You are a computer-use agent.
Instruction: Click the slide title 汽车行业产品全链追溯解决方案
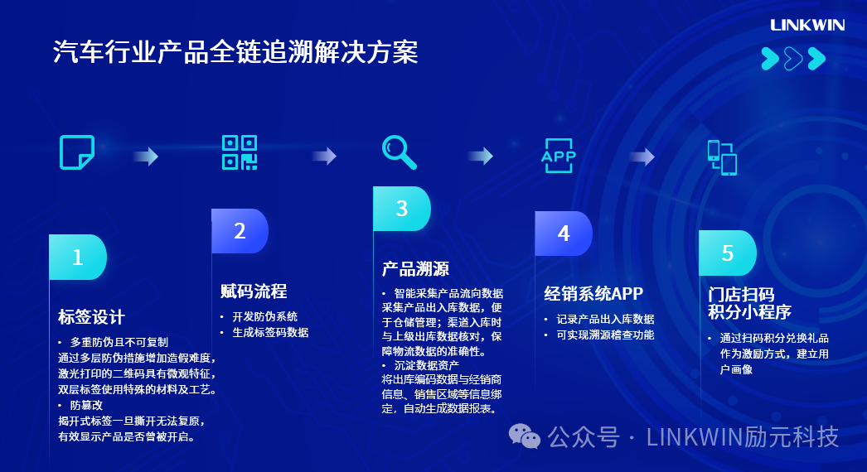pos(235,53)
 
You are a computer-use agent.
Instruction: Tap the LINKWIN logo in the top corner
pos(806,25)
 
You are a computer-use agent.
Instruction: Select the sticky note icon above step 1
pos(77,152)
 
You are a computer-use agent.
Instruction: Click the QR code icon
pos(240,152)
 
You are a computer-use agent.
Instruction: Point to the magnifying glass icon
pos(399,152)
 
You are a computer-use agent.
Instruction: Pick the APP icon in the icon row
pos(558,156)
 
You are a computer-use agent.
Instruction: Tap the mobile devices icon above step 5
pos(722,157)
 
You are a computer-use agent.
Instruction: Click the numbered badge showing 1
pos(78,257)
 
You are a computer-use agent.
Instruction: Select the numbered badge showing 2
pos(240,231)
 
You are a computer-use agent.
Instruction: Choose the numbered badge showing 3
pos(402,209)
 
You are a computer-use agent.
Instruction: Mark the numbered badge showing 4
pos(564,234)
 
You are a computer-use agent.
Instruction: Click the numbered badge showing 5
pos(728,253)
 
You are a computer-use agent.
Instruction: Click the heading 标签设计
pos(91,317)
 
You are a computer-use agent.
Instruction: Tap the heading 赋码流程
pos(254,291)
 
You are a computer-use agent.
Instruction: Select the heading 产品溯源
pos(415,269)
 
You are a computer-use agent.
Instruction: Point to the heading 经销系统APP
pos(593,294)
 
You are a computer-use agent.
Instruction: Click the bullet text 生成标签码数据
pos(269,332)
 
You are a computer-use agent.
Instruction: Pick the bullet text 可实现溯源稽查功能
pos(605,335)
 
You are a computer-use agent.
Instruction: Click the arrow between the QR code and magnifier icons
pos(324,156)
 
